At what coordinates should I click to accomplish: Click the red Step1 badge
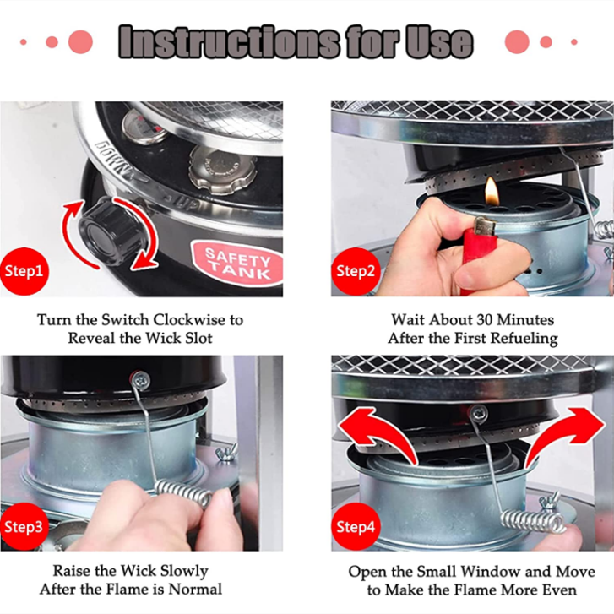click(24, 271)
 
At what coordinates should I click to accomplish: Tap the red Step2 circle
click(356, 271)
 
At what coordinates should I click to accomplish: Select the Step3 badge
click(24, 526)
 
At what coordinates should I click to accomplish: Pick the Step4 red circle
click(356, 526)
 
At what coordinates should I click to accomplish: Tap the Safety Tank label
click(237, 264)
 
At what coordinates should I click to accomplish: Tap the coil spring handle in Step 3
click(183, 494)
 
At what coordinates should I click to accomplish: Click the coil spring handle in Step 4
click(533, 522)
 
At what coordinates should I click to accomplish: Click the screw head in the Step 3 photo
click(140, 379)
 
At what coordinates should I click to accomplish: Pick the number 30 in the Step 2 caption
click(485, 320)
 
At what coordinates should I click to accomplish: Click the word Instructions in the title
click(229, 42)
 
